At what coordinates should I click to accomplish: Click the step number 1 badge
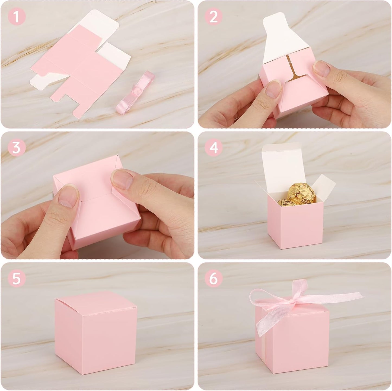click(x=17, y=17)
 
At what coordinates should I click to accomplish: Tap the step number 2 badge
click(x=214, y=17)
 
